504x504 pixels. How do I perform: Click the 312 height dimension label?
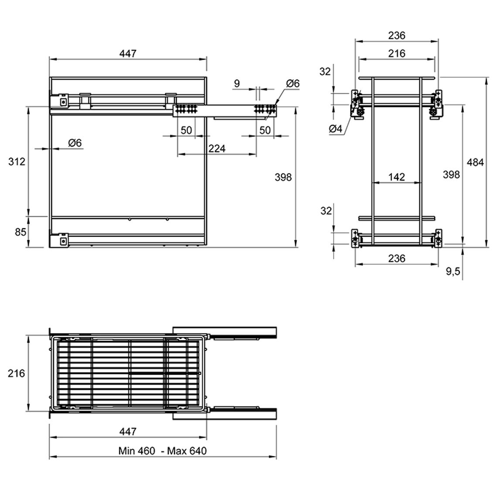tap(17, 161)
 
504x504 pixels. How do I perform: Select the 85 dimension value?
tap(20, 232)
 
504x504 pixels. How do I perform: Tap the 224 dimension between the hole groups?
tap(217, 149)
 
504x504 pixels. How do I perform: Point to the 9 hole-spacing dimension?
tap(237, 84)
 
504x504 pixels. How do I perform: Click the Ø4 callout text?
tap(336, 129)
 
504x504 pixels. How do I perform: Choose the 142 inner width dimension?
tap(397, 177)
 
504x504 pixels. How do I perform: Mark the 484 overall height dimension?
tap(475, 162)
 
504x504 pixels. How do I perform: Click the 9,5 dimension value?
tap(453, 272)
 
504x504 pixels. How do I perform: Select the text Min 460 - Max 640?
tap(163, 451)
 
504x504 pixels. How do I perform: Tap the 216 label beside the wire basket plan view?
tap(17, 373)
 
